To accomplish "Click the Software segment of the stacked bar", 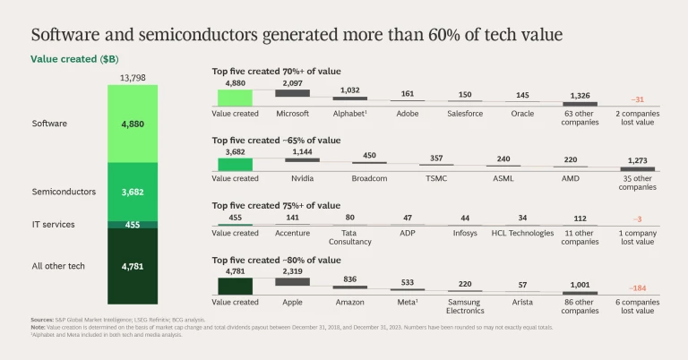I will tap(132, 124).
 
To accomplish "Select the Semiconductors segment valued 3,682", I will tap(132, 192).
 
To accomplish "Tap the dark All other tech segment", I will tap(132, 265).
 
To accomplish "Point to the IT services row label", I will tap(53, 224).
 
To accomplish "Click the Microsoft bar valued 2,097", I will tap(292, 93).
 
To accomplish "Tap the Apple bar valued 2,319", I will tap(292, 281).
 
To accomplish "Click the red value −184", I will tap(638, 288).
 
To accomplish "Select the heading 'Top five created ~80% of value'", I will tap(276, 260).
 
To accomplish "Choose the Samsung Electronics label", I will tap(465, 306).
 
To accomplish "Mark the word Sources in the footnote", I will tap(42, 320).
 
